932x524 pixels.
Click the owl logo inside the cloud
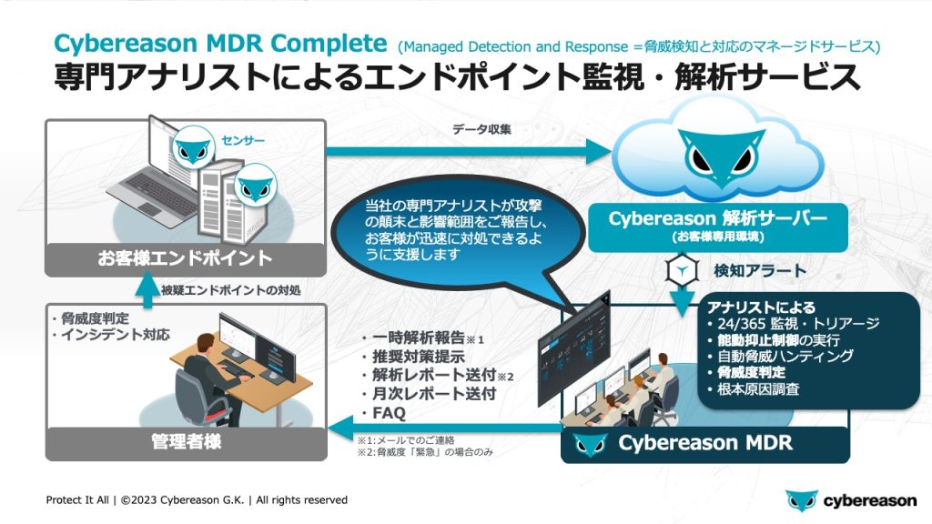(x=719, y=155)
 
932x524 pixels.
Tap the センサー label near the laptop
(x=243, y=141)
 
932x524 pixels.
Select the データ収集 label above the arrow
(x=481, y=129)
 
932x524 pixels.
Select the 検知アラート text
(x=762, y=270)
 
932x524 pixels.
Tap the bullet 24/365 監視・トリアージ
(x=786, y=324)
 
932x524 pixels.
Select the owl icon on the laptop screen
(x=193, y=146)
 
